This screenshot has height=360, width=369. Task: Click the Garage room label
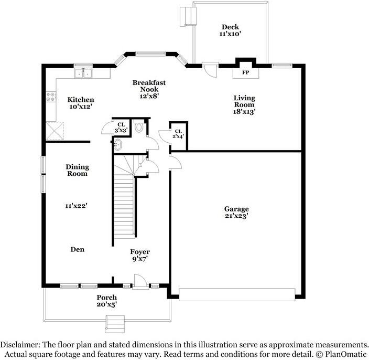237,209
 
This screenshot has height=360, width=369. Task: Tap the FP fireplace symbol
245,72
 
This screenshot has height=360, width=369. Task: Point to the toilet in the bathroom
139,126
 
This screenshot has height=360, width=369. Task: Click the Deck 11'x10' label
230,30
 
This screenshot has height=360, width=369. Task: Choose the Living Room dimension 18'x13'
244,111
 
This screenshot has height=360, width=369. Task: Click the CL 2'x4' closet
178,134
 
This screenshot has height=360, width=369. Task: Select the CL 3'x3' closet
121,127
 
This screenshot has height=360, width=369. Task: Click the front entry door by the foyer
139,284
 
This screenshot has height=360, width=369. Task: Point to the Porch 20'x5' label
106,301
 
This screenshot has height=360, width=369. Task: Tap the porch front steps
115,324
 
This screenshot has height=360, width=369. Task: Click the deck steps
186,16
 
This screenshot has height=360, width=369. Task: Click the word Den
77,250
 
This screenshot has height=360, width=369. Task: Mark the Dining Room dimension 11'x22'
76,207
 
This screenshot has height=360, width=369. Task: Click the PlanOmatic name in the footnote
344,354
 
